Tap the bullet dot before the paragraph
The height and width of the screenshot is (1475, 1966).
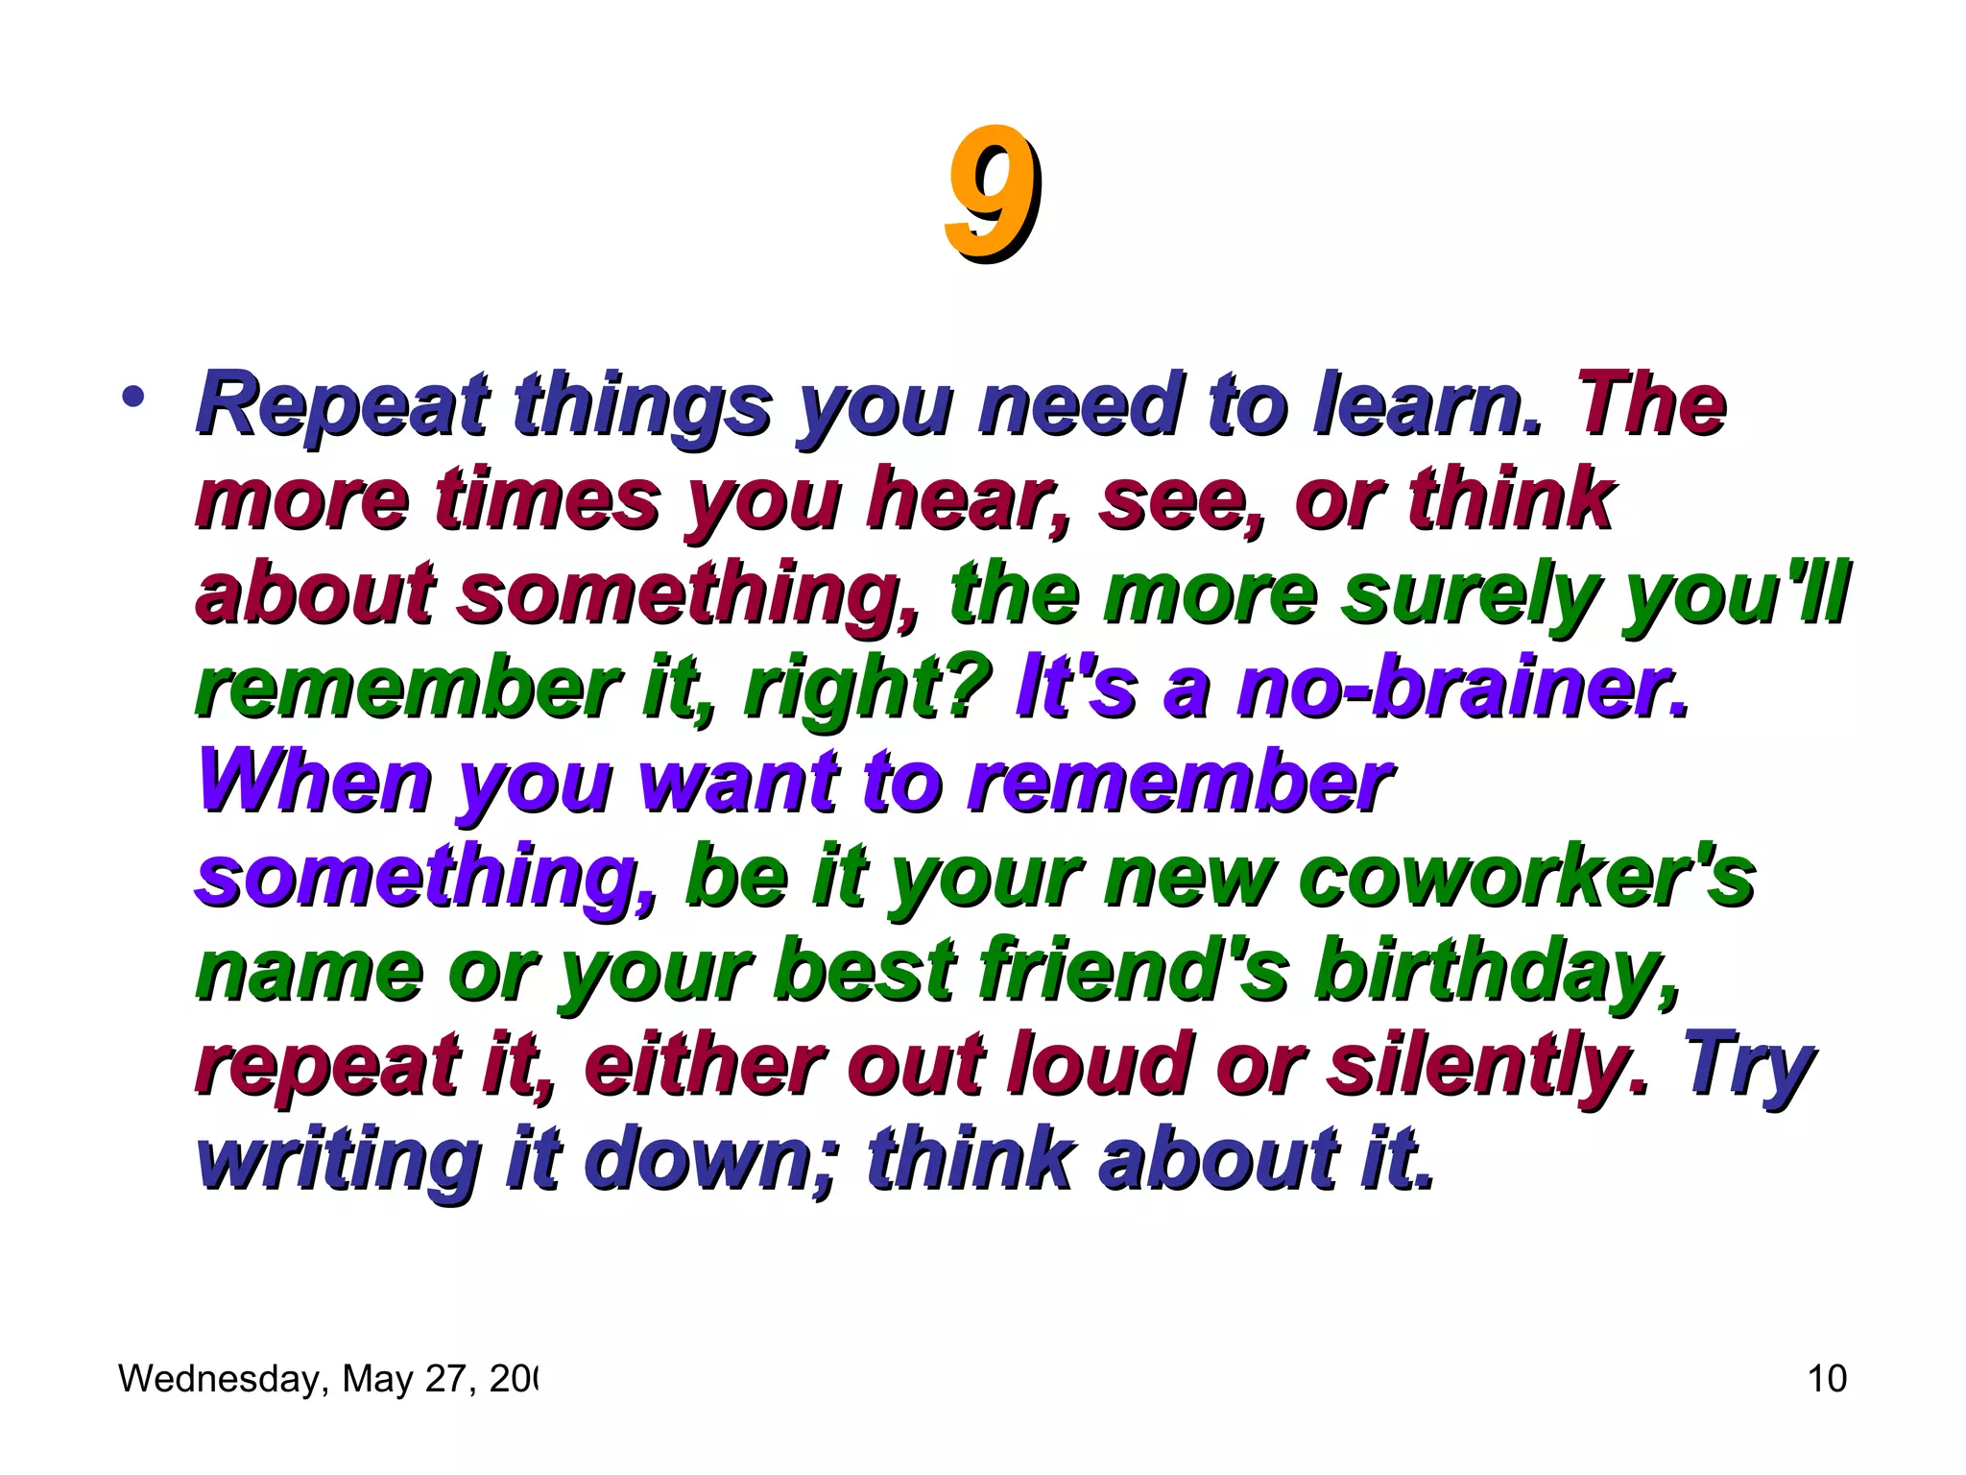pos(134,397)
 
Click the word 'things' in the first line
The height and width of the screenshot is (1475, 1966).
pos(642,405)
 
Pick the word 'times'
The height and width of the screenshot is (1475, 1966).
pos(547,499)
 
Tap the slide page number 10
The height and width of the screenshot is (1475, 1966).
pos(1827,1379)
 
